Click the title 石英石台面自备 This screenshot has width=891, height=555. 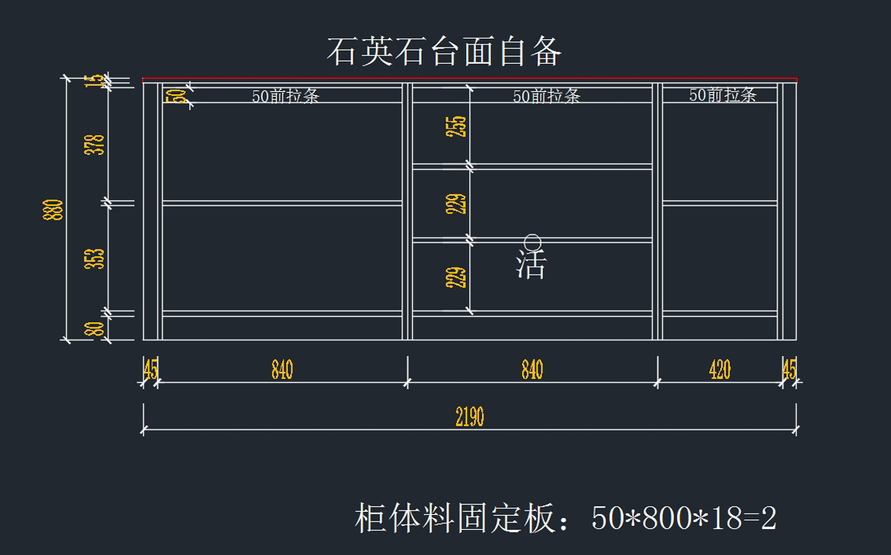pos(444,52)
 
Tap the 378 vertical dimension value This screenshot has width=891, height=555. pos(96,144)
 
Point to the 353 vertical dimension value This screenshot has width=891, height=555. pos(96,258)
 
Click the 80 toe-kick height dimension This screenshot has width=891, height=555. pos(96,328)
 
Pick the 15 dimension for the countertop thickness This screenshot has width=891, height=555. pos(96,82)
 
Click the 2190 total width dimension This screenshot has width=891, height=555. pos(469,417)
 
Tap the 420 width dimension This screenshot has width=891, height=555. pos(719,370)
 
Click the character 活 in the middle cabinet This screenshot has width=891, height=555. pos(531,265)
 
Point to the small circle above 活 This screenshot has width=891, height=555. pos(532,242)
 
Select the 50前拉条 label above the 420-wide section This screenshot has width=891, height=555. pos(722,95)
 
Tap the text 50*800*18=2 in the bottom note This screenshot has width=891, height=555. pos(684,519)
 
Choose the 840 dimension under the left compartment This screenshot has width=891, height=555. pos(282,370)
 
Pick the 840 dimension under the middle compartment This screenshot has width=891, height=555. pos(532,370)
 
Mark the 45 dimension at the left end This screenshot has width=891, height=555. pos(150,370)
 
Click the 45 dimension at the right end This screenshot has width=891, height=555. pos(789,370)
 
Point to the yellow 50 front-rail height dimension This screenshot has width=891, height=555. pos(176,96)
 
